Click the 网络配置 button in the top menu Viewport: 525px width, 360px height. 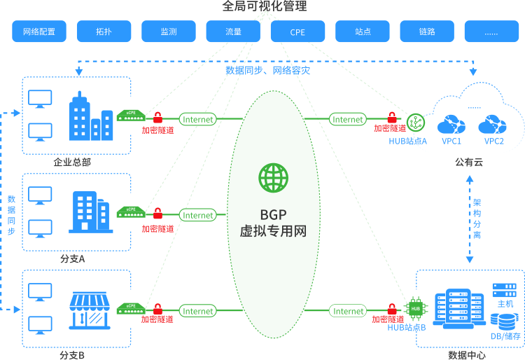(x=39, y=32)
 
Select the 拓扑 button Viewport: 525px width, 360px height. (x=104, y=32)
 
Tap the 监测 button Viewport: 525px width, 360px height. (x=168, y=32)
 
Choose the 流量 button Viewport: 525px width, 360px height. (x=233, y=32)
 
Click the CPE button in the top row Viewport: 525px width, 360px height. (x=297, y=32)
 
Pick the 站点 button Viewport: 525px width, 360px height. (x=362, y=32)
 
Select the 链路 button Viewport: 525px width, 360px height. (x=427, y=32)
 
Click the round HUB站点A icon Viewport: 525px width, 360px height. (x=416, y=121)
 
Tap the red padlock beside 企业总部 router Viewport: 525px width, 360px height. (x=157, y=117)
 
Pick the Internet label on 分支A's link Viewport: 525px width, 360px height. (x=198, y=215)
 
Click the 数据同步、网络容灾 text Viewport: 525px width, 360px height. (x=267, y=71)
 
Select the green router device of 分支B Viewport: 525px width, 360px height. (x=131, y=307)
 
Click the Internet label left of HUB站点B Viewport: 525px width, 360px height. (x=349, y=311)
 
